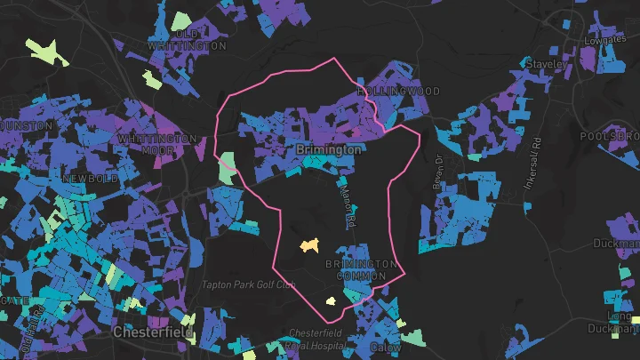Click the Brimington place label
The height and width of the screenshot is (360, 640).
coord(329,150)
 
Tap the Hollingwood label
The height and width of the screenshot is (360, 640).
coord(399,92)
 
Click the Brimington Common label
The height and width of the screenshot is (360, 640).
coord(360,270)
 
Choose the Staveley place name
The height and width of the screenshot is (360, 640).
coord(546,65)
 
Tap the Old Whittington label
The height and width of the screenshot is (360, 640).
coord(187,40)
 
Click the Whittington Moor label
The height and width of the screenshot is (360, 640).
coord(157,145)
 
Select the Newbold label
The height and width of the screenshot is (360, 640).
coord(90,179)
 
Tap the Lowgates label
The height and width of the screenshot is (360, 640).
coord(605,40)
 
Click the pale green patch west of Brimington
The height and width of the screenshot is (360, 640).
coord(228,164)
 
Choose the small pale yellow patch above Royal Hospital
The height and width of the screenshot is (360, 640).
coord(331,301)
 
